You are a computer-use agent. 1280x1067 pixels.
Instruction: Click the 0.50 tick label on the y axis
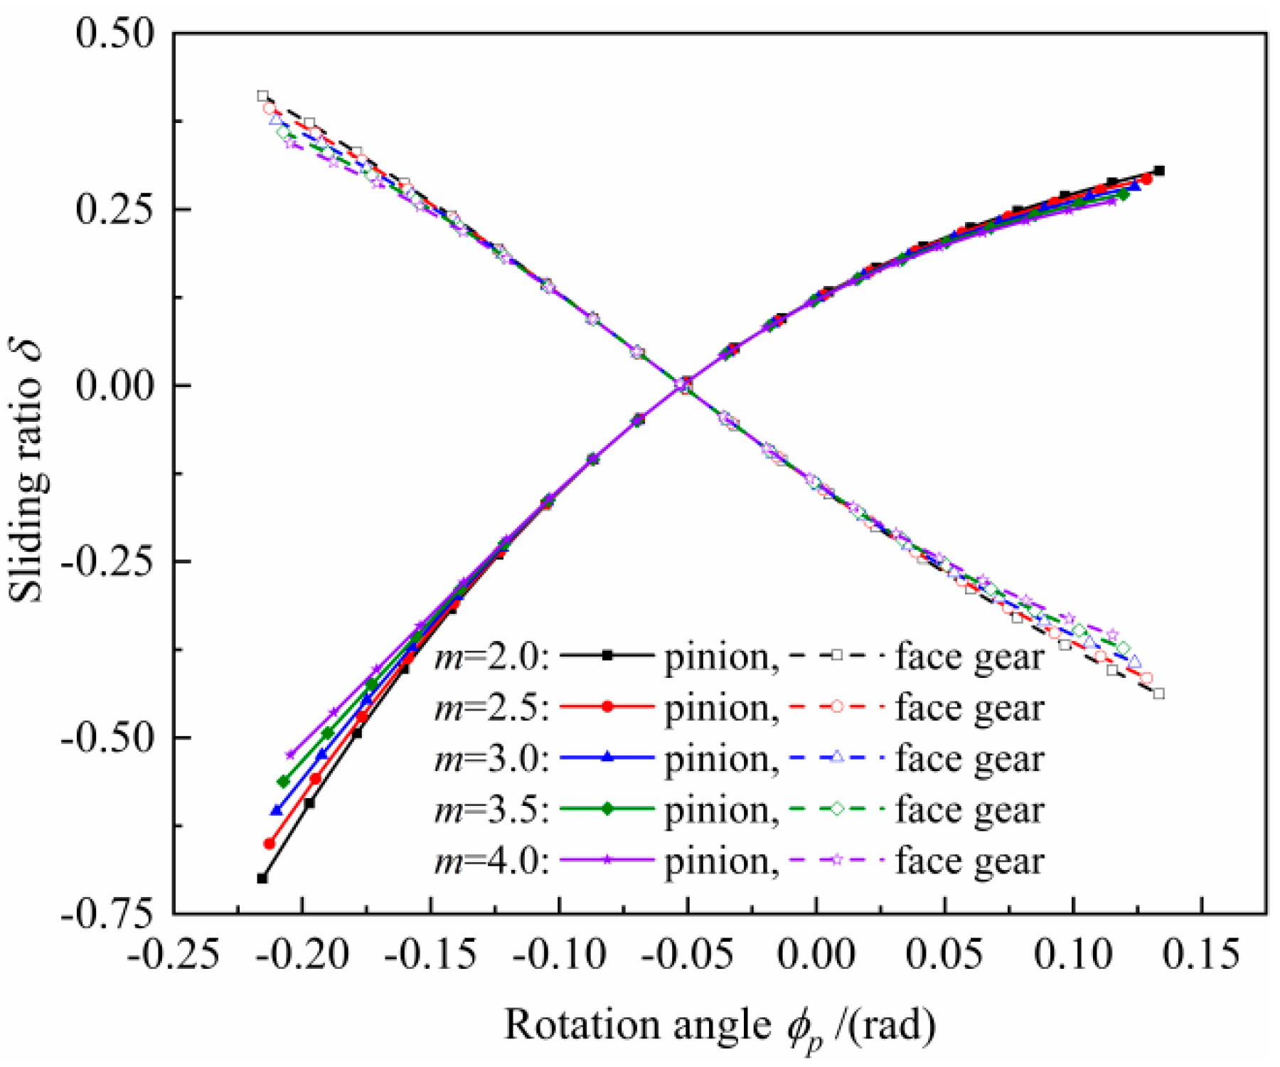point(114,34)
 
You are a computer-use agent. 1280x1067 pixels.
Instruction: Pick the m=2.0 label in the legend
point(491,657)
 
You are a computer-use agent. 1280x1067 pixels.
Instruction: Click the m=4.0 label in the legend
point(491,861)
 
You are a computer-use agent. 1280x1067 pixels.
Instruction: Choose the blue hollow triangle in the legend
point(837,758)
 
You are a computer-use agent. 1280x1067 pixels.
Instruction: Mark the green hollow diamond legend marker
point(837,809)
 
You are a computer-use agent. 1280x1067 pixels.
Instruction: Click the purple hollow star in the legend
point(837,860)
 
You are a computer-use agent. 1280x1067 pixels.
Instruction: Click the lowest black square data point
point(262,878)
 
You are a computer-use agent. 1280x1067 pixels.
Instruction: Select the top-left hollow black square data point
point(262,96)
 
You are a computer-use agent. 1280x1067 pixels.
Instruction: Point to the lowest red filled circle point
point(269,844)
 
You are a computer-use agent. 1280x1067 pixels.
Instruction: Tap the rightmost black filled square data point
point(1159,171)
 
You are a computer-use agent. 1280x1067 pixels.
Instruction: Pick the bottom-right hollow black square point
point(1159,694)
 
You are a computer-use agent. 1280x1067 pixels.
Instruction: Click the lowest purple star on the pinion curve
point(289,755)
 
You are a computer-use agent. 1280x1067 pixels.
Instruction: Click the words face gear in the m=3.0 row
point(969,759)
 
